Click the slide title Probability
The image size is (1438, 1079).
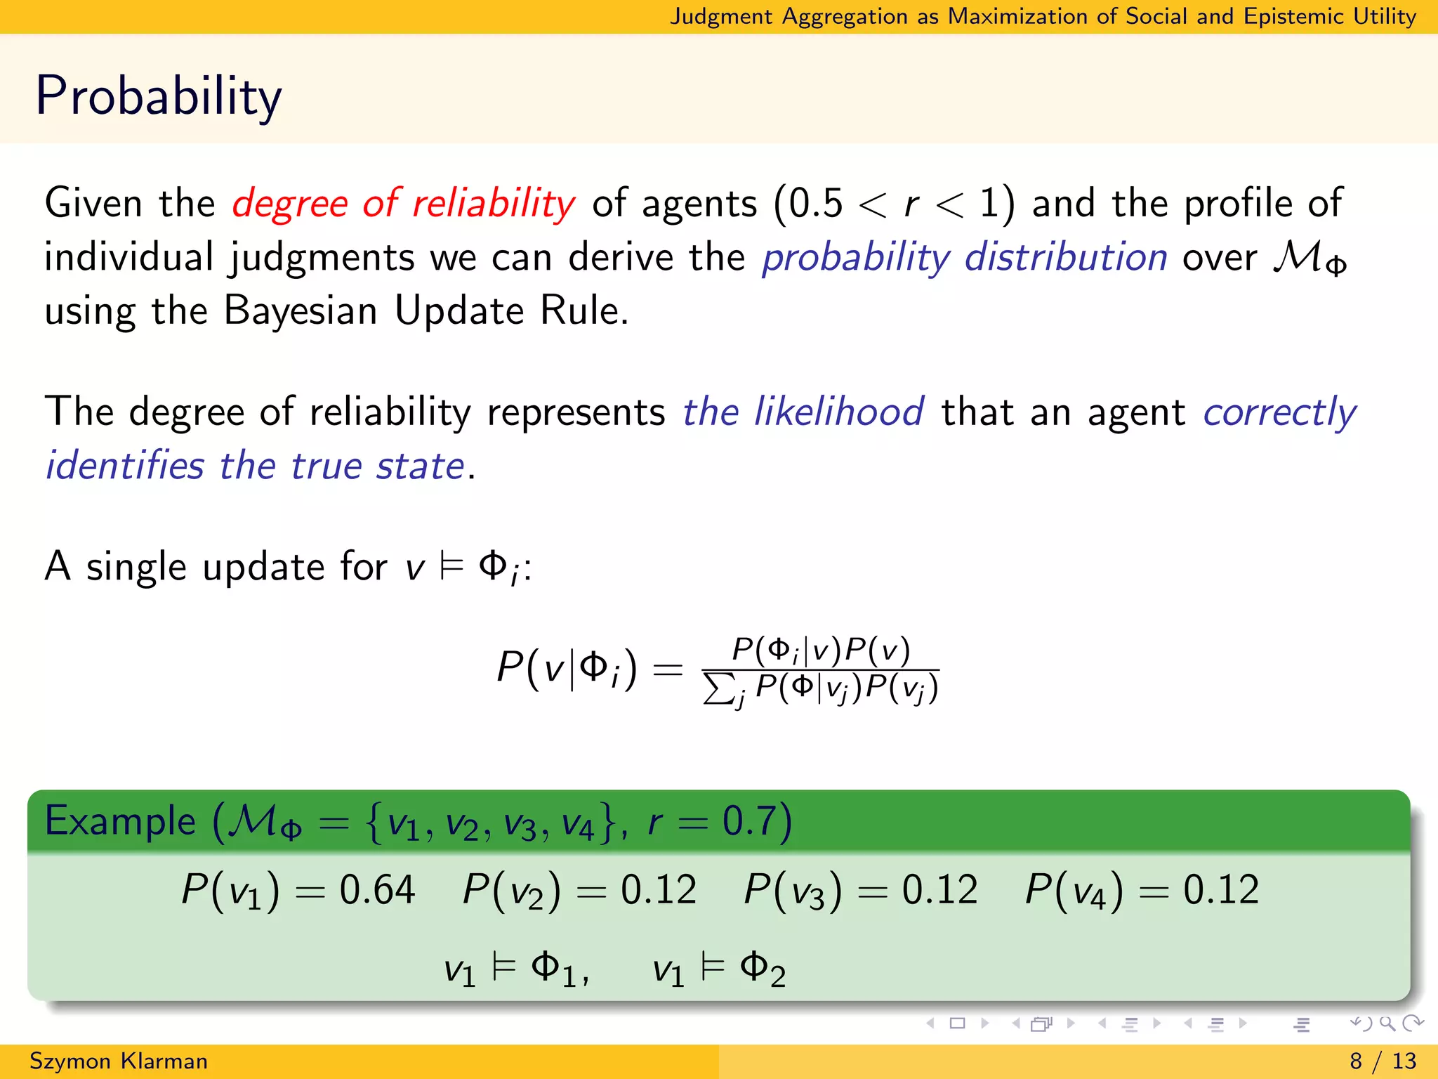click(x=158, y=96)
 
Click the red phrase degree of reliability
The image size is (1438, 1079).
click(x=403, y=204)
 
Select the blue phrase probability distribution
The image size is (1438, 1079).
click(x=965, y=257)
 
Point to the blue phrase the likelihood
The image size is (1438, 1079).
click(x=803, y=412)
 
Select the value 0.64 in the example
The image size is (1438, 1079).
click(x=377, y=889)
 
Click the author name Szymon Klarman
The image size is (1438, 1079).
click(x=119, y=1061)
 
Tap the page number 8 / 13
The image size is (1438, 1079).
click(x=1383, y=1061)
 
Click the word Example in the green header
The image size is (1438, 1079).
click(x=120, y=820)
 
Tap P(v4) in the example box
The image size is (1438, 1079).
click(x=1073, y=890)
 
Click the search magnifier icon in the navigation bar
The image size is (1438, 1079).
click(x=1387, y=1024)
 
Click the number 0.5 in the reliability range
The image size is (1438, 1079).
click(x=814, y=204)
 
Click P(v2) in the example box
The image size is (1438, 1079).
click(x=511, y=890)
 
